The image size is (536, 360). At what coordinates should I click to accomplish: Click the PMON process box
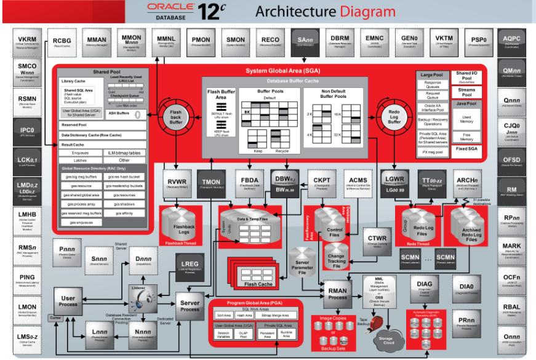click(x=201, y=41)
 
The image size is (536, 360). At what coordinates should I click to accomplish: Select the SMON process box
click(x=236, y=41)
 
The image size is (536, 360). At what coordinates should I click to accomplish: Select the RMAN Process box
click(x=338, y=293)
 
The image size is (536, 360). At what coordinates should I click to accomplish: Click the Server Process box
click(x=190, y=305)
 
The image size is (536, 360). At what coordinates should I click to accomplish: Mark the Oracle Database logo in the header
click(x=170, y=10)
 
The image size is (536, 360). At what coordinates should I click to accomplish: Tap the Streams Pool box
click(x=468, y=92)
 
